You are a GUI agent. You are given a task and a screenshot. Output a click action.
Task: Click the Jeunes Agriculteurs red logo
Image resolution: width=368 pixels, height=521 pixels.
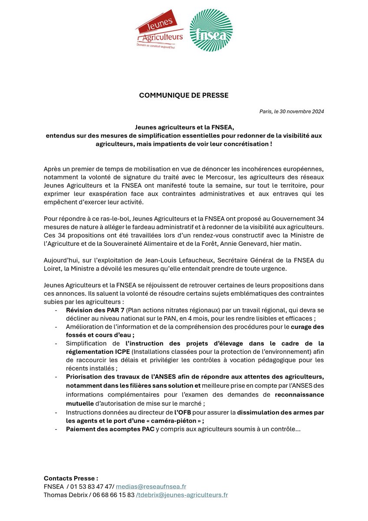(x=159, y=30)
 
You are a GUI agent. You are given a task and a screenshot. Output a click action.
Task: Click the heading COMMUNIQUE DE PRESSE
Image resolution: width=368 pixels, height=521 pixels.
(x=184, y=95)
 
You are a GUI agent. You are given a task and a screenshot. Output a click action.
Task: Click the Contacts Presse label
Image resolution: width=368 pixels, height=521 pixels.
(x=71, y=478)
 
